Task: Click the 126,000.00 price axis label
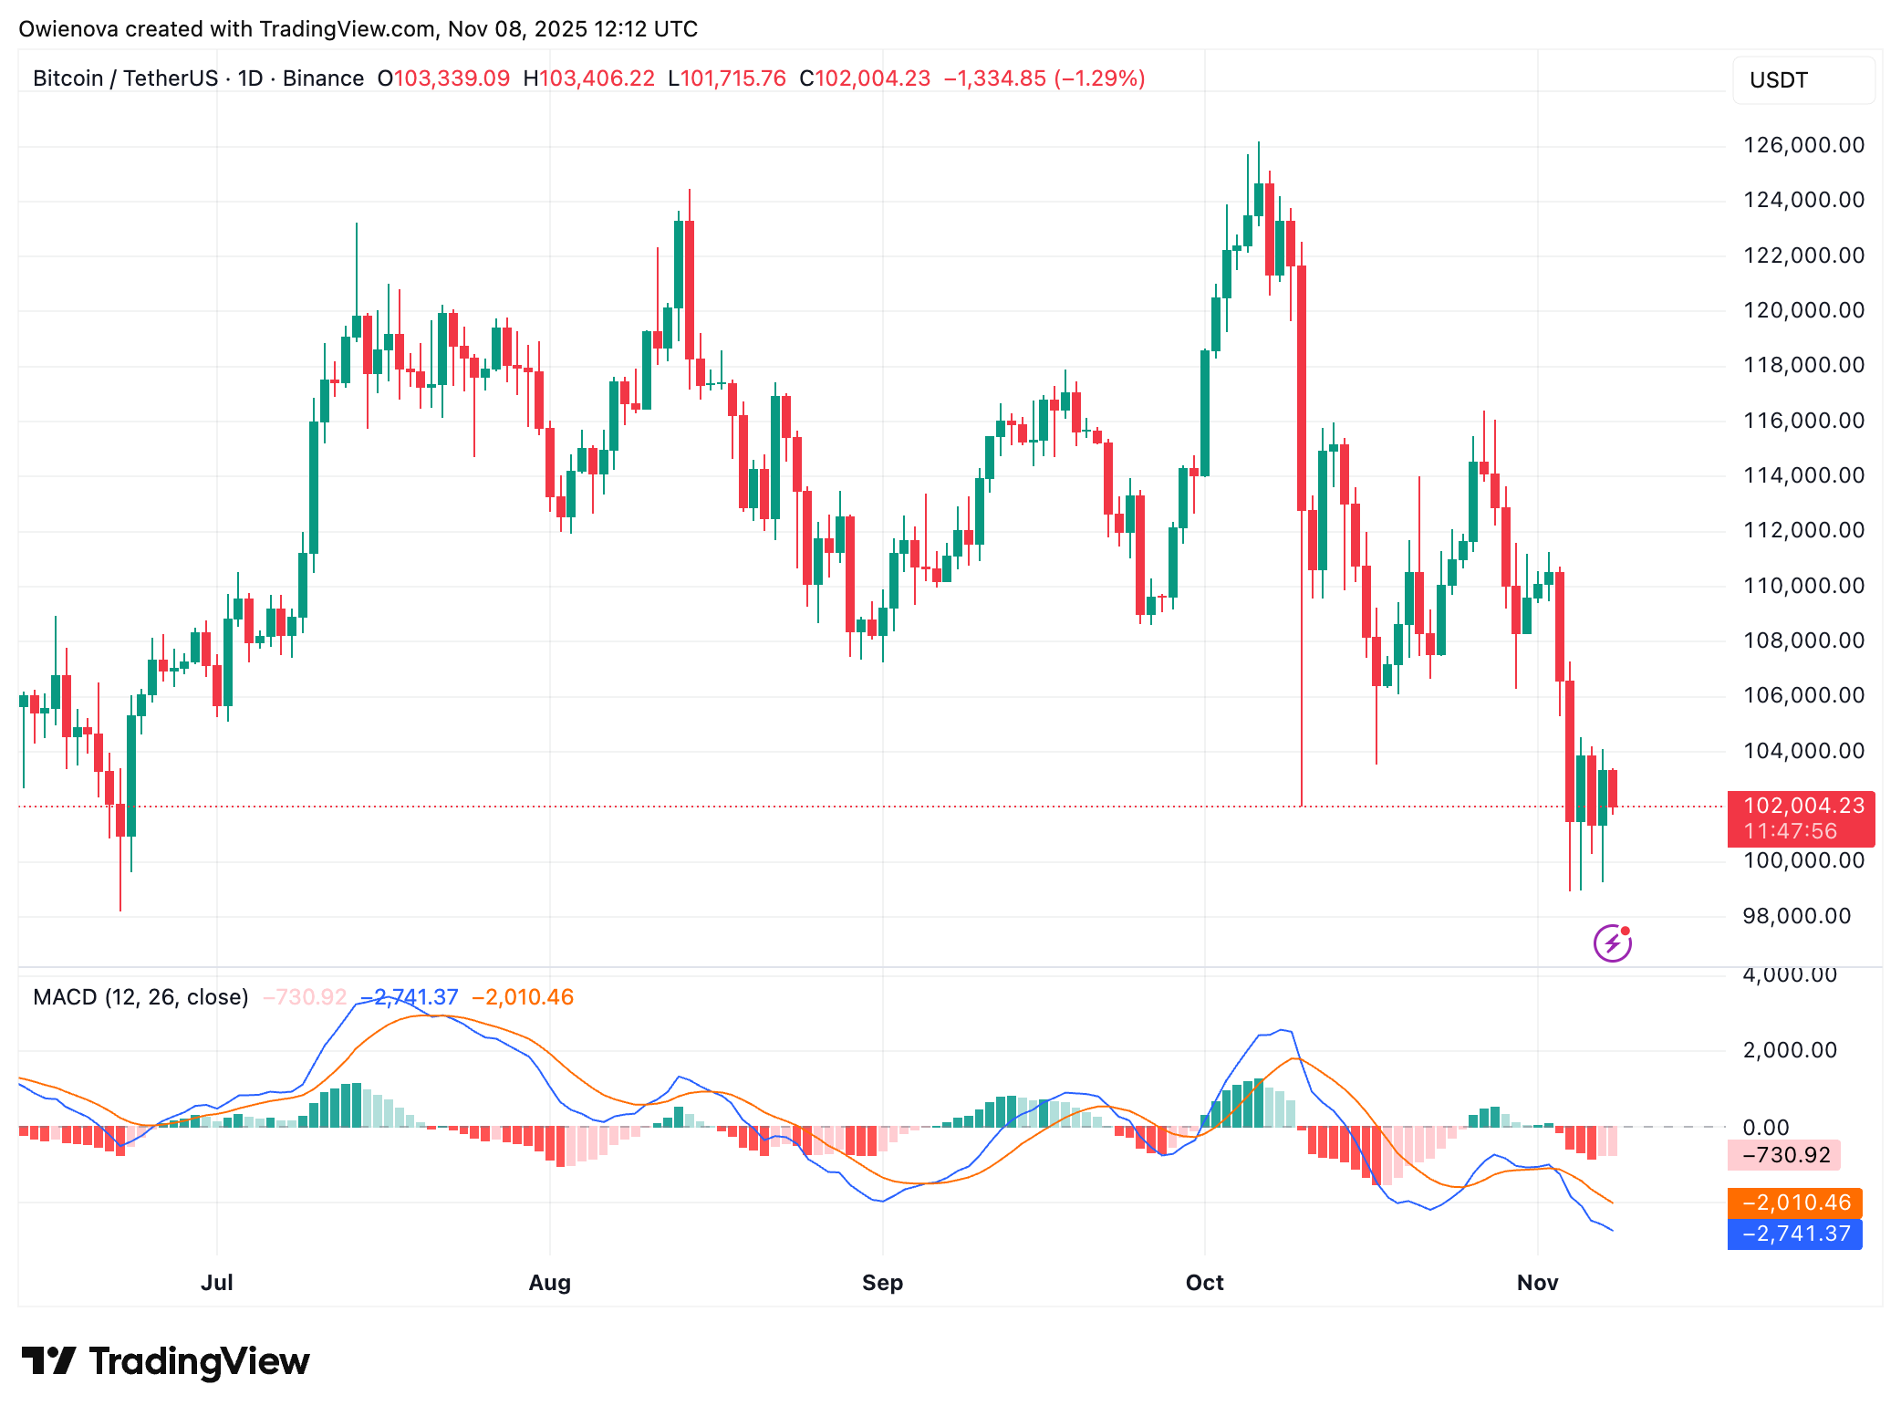tap(1802, 145)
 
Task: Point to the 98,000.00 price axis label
tap(1796, 916)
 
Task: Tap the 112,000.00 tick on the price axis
tap(1802, 530)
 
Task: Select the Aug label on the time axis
tap(549, 1283)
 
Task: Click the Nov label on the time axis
tap(1537, 1283)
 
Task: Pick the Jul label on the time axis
tap(217, 1283)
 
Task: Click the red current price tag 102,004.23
tap(1802, 806)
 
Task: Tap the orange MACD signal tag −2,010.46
tap(1795, 1203)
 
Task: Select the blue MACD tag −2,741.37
tap(1795, 1234)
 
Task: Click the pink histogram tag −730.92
tap(1785, 1155)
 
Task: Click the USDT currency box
tap(1802, 80)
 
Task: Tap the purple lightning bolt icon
tap(1612, 943)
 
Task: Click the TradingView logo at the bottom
tap(166, 1361)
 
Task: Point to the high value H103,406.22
tap(589, 78)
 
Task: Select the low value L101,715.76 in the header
tap(727, 78)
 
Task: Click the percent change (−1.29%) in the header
tap(1099, 78)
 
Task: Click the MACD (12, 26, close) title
tap(140, 997)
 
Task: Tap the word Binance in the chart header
tap(323, 78)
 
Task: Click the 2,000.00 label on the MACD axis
tap(1789, 1050)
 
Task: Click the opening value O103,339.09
tap(444, 78)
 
